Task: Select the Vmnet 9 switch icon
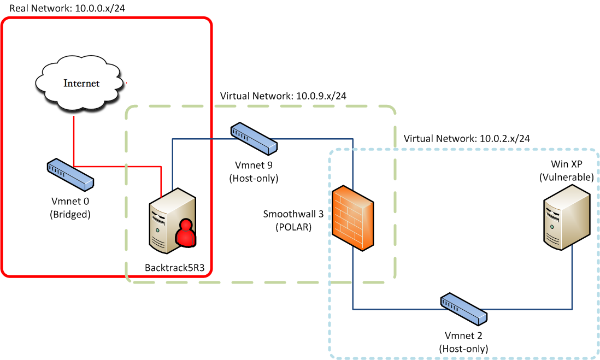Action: coord(254,139)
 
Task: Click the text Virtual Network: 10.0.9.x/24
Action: coord(283,96)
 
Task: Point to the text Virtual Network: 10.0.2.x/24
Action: coord(467,139)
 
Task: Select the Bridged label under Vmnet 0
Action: coord(69,214)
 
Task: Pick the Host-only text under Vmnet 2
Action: coord(463,348)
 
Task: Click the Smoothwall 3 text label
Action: coord(294,214)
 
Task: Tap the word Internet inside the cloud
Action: coord(82,84)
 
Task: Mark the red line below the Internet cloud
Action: coord(73,139)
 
